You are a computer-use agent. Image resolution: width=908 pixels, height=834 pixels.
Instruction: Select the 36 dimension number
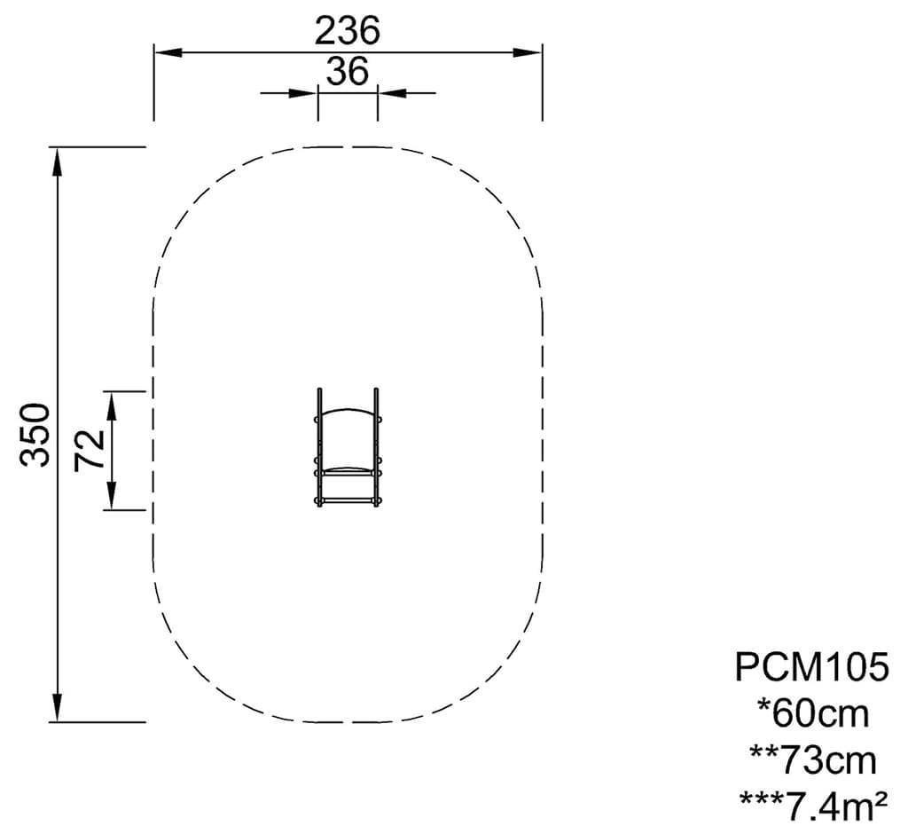(348, 72)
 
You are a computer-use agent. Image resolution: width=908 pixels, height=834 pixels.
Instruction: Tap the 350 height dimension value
(35, 435)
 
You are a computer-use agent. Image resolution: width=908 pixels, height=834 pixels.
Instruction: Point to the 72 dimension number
(90, 451)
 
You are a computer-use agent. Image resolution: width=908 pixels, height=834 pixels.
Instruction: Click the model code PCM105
(812, 667)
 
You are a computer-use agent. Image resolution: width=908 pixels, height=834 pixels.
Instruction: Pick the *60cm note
(813, 713)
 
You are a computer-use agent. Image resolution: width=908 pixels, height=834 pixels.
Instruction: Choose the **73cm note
(813, 759)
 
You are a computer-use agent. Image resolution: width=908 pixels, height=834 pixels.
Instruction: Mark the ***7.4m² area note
(813, 806)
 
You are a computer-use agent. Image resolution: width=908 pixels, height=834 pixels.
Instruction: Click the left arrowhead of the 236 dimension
(168, 52)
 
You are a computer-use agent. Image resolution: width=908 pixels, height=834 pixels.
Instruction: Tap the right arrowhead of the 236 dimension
(528, 52)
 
